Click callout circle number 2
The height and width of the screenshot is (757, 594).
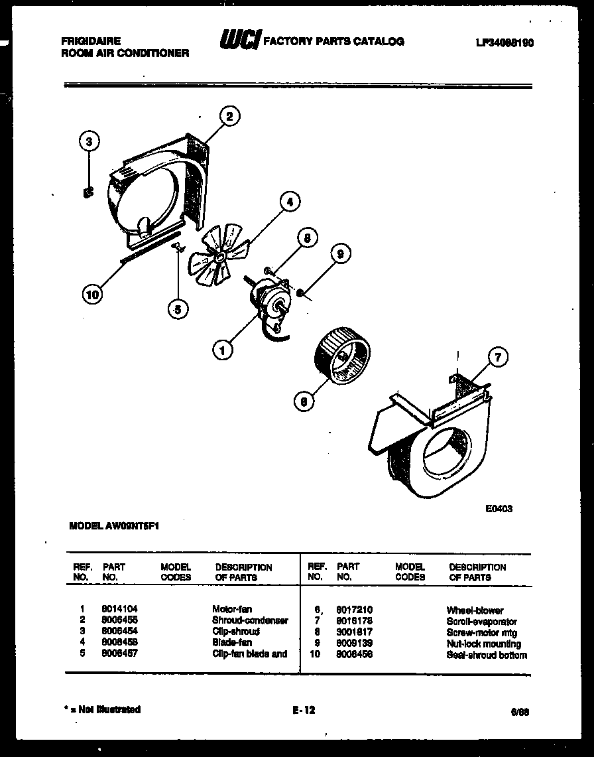click(229, 117)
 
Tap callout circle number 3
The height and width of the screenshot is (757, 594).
click(89, 141)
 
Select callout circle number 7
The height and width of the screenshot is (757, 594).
click(497, 358)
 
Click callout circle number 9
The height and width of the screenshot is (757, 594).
click(340, 253)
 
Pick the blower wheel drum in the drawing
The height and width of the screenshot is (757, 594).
click(342, 360)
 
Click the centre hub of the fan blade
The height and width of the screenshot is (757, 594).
click(220, 254)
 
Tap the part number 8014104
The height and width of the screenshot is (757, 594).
click(119, 608)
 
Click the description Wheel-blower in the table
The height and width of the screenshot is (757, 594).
click(475, 610)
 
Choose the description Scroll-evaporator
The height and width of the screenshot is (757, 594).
click(481, 622)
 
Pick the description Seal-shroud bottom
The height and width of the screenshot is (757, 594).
click(487, 655)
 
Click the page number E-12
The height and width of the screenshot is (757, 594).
click(304, 710)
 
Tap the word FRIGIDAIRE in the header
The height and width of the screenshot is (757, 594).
click(90, 41)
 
